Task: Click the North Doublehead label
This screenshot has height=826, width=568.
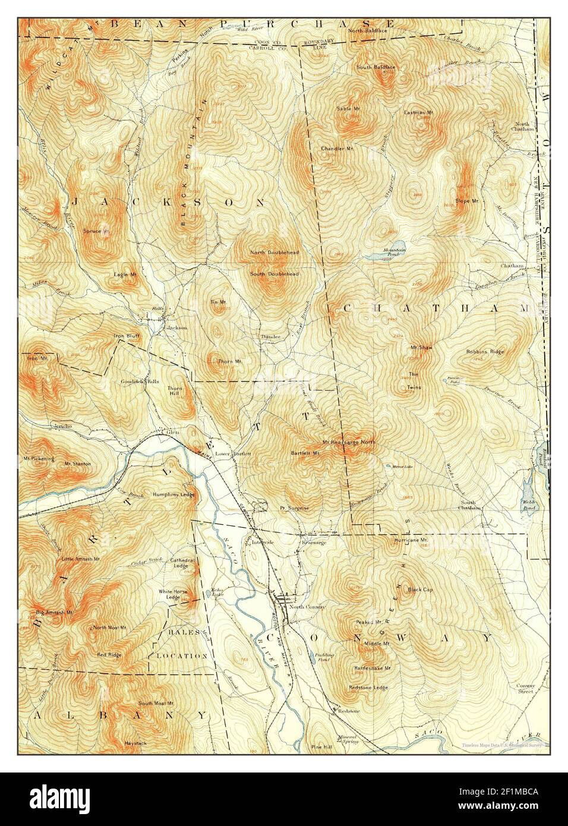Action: point(274,253)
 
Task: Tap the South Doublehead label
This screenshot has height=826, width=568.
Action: point(274,273)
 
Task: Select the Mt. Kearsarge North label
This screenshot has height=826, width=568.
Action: point(349,442)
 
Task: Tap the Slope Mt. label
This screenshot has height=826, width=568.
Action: point(466,201)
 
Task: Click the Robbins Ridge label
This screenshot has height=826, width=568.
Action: point(485,351)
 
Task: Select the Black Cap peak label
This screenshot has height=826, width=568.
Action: point(419,590)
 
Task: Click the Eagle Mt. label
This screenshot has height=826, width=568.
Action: point(125,275)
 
